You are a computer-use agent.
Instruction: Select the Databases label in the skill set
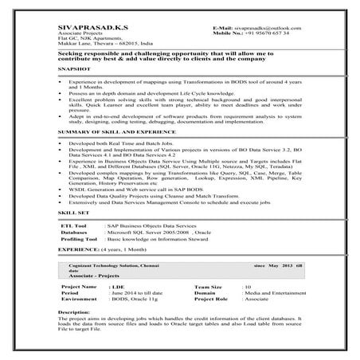[76, 233]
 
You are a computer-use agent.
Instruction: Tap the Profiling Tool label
[80, 239]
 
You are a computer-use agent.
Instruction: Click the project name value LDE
[119, 285]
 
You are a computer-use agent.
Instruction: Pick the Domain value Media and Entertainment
[274, 292]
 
